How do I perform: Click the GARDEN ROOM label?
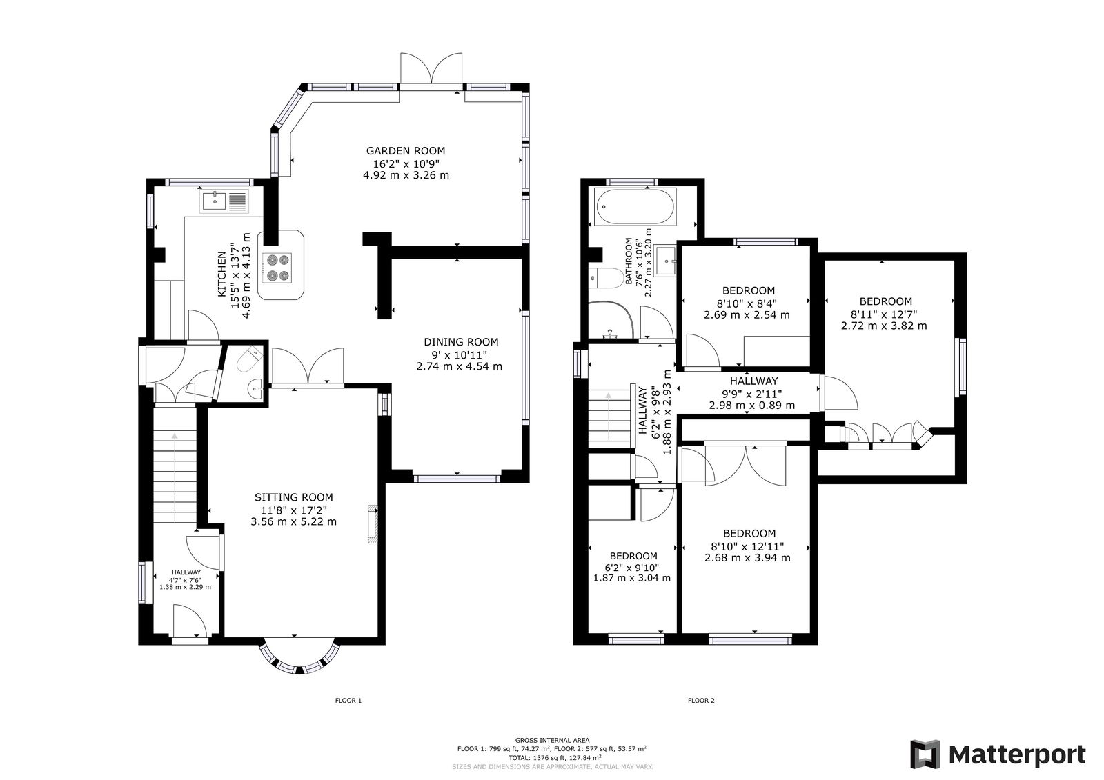[x=406, y=150]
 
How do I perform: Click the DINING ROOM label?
[x=460, y=341]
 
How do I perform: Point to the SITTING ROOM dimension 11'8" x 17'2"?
[x=293, y=510]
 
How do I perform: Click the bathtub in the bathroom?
[x=635, y=208]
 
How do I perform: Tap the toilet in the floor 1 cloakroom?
[x=250, y=359]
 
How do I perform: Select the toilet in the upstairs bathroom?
[x=605, y=279]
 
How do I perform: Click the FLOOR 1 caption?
[x=348, y=701]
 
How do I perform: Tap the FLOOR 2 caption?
[x=701, y=701]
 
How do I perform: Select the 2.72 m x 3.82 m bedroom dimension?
[x=885, y=325]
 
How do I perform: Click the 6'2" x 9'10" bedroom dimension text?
[x=633, y=567]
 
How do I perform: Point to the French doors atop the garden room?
[x=432, y=71]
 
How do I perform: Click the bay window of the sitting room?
[x=299, y=659]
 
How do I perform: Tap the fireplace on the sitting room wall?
[x=373, y=524]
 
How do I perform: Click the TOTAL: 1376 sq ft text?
[x=552, y=757]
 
